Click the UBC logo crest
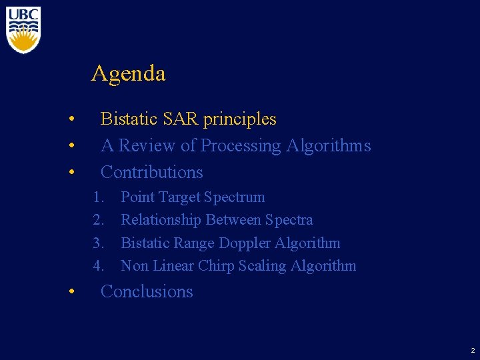point(23,30)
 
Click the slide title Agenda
point(128,73)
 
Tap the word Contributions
point(151,172)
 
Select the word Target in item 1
point(179,197)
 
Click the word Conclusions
point(147,292)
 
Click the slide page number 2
point(473,350)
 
